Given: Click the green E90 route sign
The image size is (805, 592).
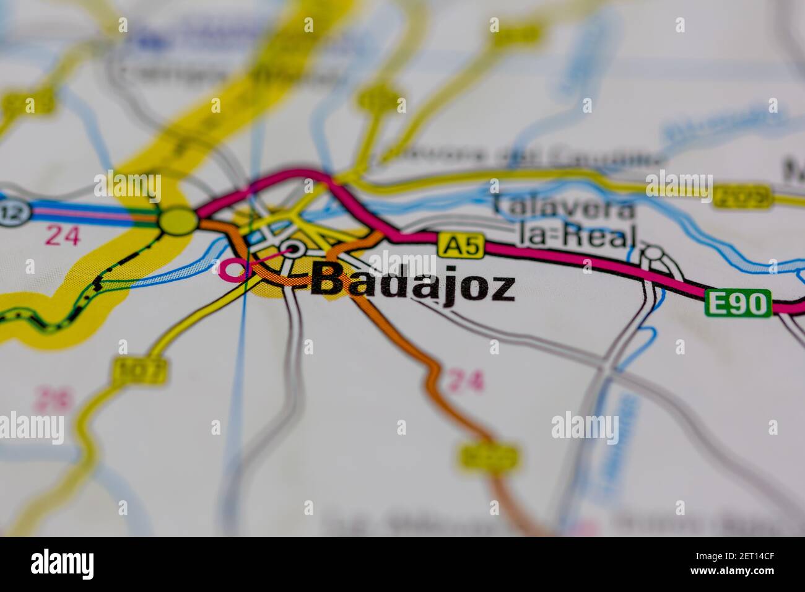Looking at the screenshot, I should (738, 303).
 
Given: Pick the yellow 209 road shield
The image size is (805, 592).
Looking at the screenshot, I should (741, 198).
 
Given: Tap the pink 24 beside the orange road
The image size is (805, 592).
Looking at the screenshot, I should (465, 381).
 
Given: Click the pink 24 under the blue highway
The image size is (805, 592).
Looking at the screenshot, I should (62, 235).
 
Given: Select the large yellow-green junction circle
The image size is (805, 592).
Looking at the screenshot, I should (178, 221).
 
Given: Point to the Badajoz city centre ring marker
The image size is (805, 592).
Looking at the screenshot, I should (292, 250).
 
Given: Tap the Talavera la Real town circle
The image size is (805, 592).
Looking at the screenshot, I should (653, 254).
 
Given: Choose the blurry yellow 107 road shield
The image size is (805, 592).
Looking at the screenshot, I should (141, 370).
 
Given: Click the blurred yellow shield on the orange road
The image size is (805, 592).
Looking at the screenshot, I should (489, 457).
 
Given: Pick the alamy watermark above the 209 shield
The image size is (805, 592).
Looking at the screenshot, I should (679, 180).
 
